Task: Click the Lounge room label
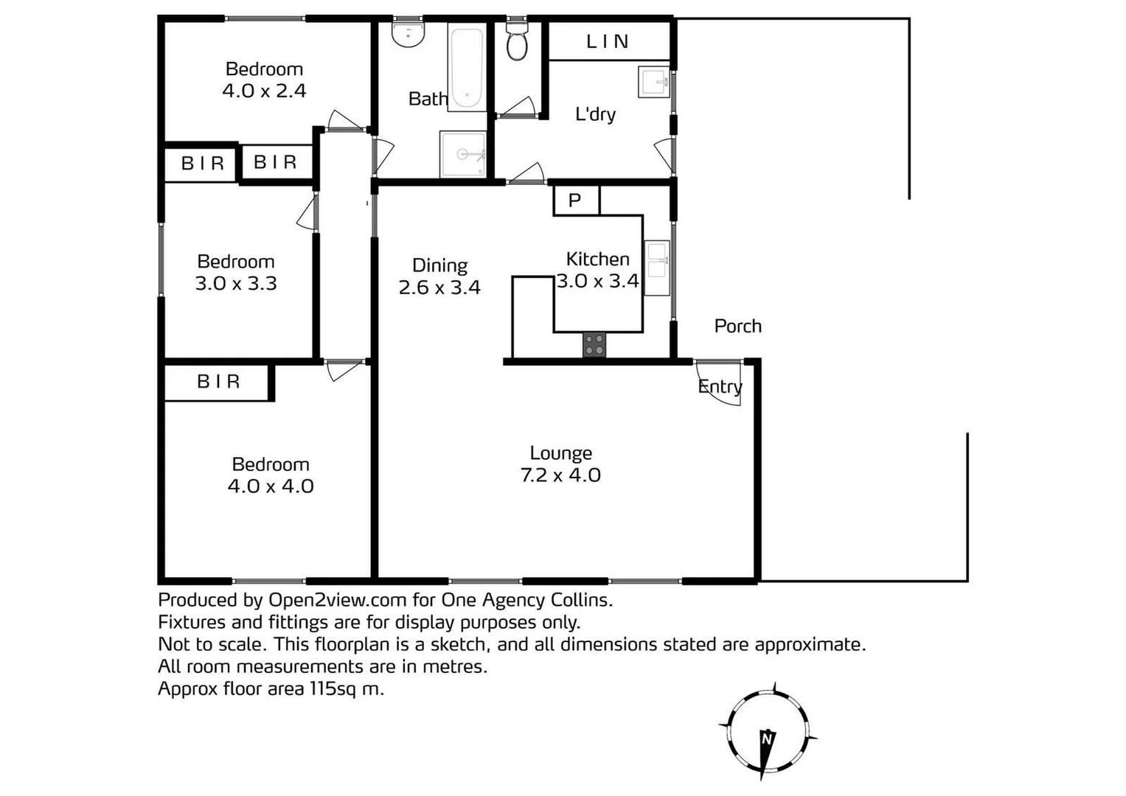(560, 453)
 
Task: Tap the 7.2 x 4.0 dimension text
(560, 475)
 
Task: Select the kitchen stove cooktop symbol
(594, 345)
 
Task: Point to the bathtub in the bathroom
(467, 69)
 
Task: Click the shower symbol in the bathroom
(463, 155)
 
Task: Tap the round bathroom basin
(408, 33)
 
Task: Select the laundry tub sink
(653, 83)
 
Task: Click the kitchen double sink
(656, 268)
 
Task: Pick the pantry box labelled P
(576, 200)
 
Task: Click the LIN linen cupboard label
(608, 42)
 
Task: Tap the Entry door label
(720, 387)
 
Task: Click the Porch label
(737, 327)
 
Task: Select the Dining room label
(439, 265)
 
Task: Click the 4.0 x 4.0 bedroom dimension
(271, 486)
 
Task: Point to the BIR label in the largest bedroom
(218, 382)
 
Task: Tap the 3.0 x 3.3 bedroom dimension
(236, 284)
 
